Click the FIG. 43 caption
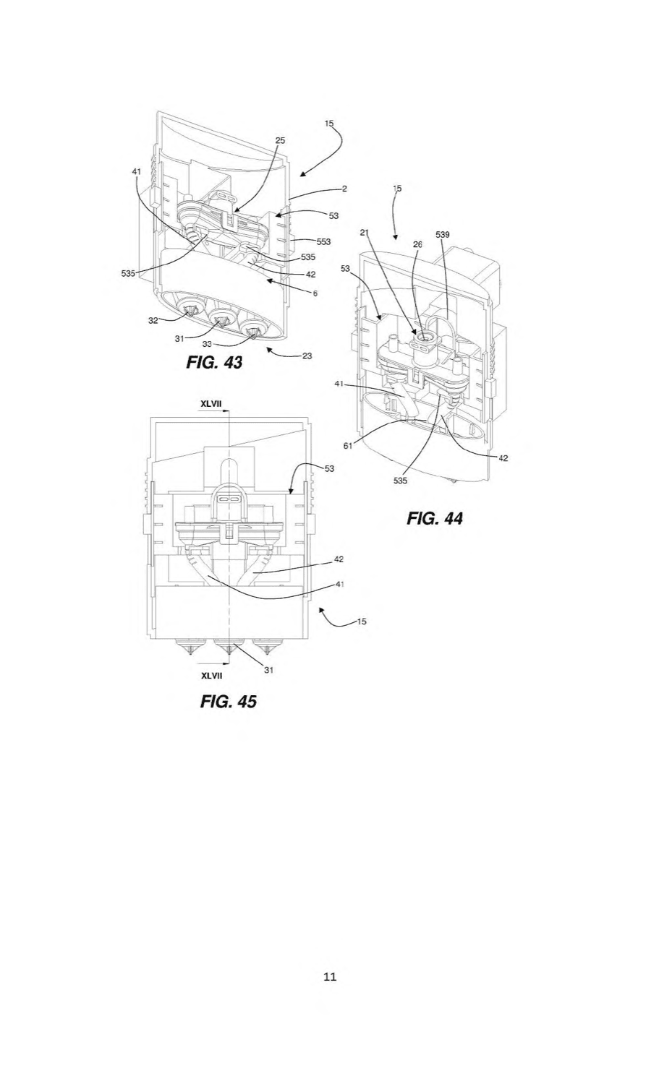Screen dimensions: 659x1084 click(x=214, y=362)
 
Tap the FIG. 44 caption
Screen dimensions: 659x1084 click(x=435, y=518)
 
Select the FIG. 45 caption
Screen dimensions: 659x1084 click(x=229, y=701)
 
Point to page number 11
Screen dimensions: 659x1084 click(x=330, y=976)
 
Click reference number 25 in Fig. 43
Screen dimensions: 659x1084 click(x=281, y=141)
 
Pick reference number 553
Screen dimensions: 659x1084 click(x=323, y=241)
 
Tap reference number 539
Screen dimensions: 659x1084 click(x=443, y=235)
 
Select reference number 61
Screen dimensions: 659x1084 click(x=348, y=446)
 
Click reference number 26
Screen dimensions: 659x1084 click(x=417, y=244)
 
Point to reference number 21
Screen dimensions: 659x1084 click(x=365, y=233)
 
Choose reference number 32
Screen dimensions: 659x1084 click(x=153, y=320)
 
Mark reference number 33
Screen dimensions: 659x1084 click(x=207, y=343)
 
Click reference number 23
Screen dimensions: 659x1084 click(x=307, y=356)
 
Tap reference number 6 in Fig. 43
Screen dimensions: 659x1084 click(x=315, y=293)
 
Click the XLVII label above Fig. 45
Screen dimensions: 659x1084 click(x=211, y=403)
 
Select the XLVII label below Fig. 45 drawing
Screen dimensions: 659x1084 click(x=211, y=676)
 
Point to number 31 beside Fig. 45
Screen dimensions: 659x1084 click(x=269, y=670)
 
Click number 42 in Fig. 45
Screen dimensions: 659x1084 click(x=339, y=559)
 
